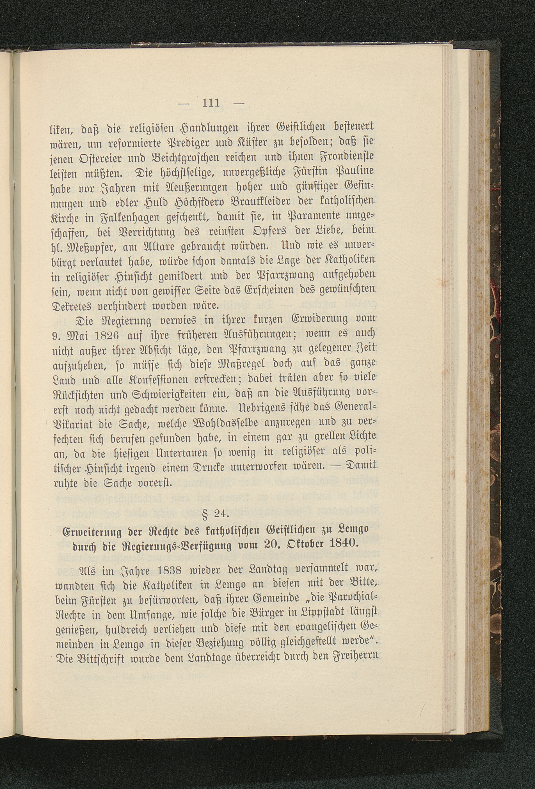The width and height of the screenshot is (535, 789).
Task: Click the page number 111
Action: coord(211,102)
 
